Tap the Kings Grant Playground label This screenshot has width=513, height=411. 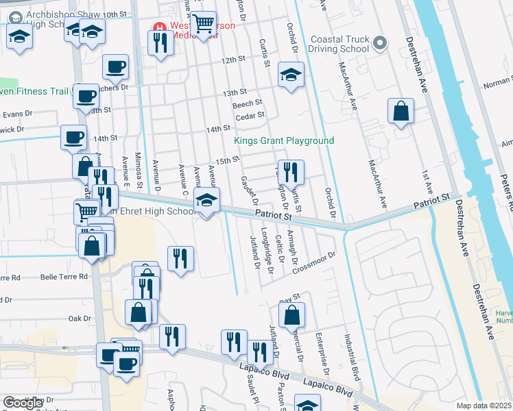(x=284, y=140)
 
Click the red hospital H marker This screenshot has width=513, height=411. (x=159, y=28)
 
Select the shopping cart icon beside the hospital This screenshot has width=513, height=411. (x=204, y=24)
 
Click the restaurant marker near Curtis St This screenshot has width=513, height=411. (x=290, y=172)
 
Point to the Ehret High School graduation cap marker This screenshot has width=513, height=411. (x=204, y=201)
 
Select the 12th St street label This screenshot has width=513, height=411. (x=233, y=60)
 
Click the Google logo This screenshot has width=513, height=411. (x=23, y=403)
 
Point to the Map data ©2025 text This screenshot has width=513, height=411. (x=484, y=406)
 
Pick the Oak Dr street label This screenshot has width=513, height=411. (x=80, y=319)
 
